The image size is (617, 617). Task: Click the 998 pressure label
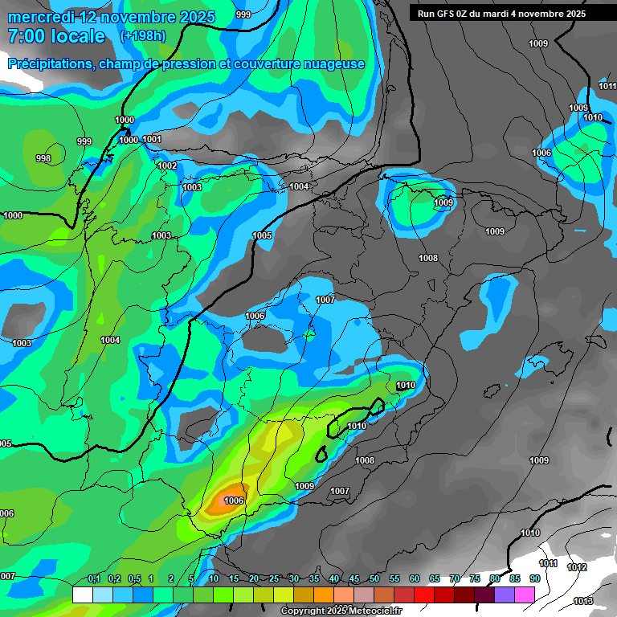point(43,158)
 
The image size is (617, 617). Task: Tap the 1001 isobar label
point(152,139)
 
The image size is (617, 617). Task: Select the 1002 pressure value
point(167,165)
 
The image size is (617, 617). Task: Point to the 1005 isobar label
point(262,235)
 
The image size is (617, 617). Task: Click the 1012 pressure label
point(577,567)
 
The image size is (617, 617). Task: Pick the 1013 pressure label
point(583,601)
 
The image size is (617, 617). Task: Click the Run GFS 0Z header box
point(501,14)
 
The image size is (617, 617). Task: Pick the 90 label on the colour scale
point(534,578)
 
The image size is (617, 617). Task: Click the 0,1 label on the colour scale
point(94,578)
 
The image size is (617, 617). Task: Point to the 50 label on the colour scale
point(374,578)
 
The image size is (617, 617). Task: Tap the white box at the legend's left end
point(82,595)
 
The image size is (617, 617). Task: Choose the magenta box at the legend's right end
point(525,595)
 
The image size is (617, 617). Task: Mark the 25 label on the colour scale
point(274,578)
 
